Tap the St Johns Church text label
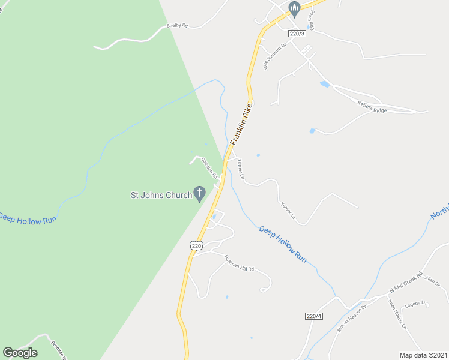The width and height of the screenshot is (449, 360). tap(161, 194)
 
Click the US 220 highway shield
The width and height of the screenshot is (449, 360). tap(197, 245)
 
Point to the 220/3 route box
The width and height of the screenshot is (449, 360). tap(297, 34)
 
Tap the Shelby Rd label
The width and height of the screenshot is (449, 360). tap(177, 26)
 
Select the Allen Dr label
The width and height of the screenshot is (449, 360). tap(432, 280)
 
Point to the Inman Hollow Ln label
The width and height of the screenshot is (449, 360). tap(397, 314)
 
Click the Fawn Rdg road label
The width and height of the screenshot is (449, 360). tap(312, 20)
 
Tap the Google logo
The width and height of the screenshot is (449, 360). tap(20, 353)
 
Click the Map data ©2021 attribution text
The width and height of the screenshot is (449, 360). tap(423, 355)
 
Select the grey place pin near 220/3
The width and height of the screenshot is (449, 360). tap(294, 8)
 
